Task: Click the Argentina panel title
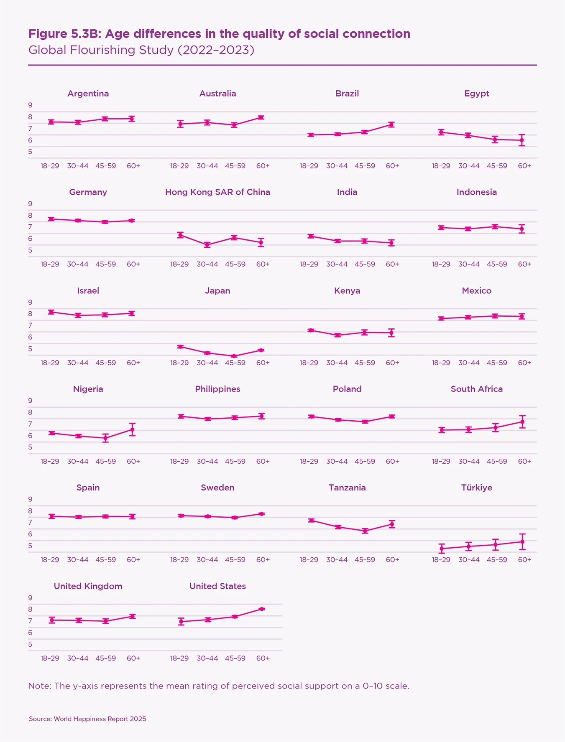click(x=88, y=94)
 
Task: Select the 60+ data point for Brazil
click(x=391, y=125)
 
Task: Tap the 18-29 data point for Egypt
click(x=441, y=132)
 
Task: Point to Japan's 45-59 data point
click(x=235, y=356)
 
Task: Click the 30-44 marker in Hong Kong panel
click(x=207, y=245)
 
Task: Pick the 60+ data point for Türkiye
click(x=522, y=541)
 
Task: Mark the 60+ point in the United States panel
click(x=262, y=609)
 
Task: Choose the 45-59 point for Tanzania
click(x=365, y=531)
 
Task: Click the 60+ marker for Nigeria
click(x=132, y=429)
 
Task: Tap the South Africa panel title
click(x=476, y=389)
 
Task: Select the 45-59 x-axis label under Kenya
click(x=365, y=363)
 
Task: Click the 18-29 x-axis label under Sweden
click(x=179, y=559)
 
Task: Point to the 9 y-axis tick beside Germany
click(x=30, y=204)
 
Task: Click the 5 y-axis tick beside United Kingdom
click(x=30, y=644)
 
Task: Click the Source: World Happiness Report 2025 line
click(x=87, y=719)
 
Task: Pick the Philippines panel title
click(x=217, y=389)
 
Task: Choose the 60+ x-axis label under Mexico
click(x=524, y=363)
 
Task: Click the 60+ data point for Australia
click(x=261, y=117)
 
